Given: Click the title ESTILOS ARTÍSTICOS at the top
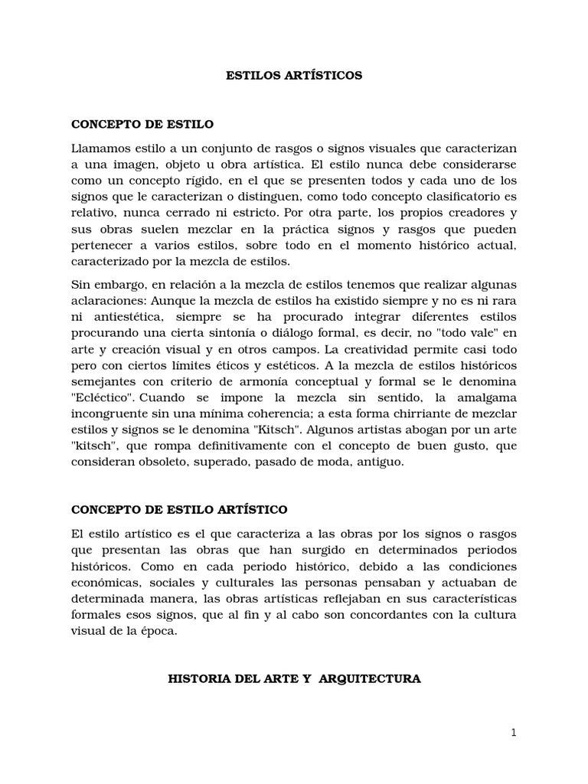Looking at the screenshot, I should [294, 76].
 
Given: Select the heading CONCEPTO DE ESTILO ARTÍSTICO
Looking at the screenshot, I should [179, 509].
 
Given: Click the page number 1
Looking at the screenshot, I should [514, 733].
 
